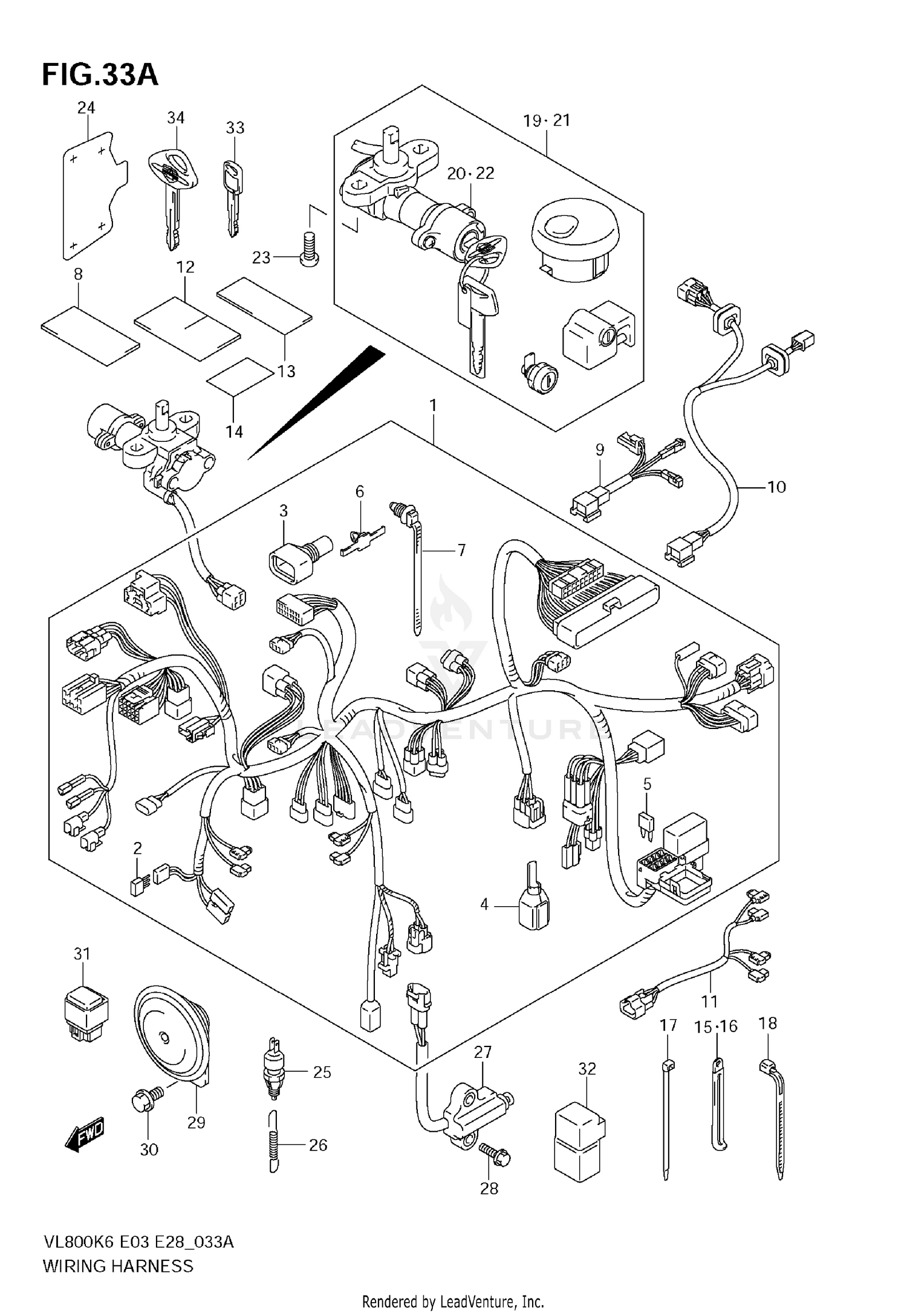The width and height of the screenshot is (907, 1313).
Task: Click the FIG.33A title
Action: coord(100,75)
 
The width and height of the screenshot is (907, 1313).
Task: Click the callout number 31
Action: coord(82,953)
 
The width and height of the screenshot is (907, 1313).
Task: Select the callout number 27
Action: coord(483,1052)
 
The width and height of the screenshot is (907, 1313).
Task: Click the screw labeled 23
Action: coord(309,248)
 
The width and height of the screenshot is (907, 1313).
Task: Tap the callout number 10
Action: coord(776,487)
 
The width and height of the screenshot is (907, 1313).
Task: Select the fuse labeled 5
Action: coord(647,823)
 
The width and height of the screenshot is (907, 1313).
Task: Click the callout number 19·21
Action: coord(547,120)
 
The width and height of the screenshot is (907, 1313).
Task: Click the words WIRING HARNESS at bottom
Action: coord(118,1265)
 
